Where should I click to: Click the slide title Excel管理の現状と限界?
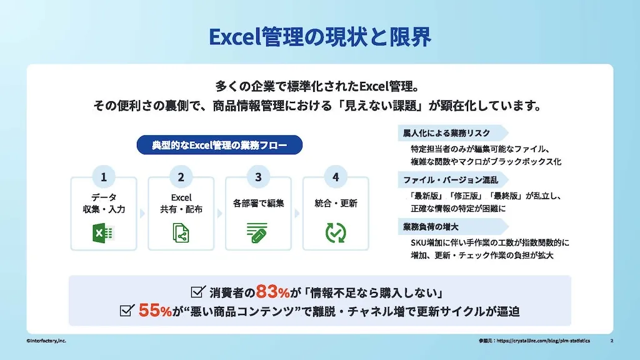319,37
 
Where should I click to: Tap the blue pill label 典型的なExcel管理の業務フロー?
219,145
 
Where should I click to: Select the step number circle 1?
104,177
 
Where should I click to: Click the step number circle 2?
181,177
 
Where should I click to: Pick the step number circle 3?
259,177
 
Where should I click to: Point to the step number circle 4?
336,177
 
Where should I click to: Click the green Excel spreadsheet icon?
103,233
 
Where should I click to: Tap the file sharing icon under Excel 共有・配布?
181,233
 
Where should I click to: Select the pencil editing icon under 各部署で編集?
258,233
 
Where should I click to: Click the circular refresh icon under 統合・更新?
336,232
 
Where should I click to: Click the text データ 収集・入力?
104,203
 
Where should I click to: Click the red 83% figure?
274,291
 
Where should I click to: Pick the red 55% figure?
155,311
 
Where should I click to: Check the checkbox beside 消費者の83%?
198,291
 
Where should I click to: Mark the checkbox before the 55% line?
127,311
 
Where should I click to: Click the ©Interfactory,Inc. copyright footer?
46,341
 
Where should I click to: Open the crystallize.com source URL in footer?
544,341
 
